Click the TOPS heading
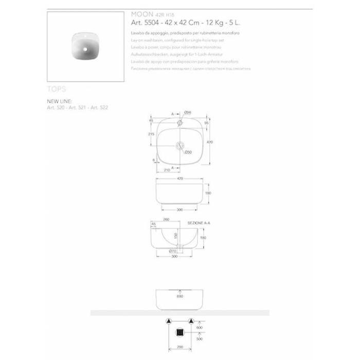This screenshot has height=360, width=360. pos(57,89)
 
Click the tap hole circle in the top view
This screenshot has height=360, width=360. pos(180,123)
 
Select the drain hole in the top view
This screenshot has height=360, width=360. pos(180,146)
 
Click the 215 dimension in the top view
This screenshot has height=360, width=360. pos(151,134)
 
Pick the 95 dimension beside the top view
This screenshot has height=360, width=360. pos(206,123)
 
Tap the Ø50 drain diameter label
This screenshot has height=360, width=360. pos(188,152)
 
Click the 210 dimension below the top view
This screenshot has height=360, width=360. pos(167,170)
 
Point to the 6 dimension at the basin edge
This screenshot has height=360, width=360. pos(154,160)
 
